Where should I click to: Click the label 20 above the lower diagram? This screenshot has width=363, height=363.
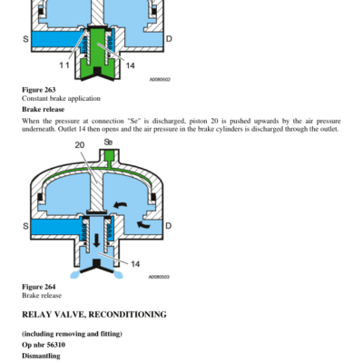tap(80, 145)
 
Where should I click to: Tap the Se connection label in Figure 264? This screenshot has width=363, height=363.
tap(108, 142)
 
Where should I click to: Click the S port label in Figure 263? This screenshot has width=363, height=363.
tap(25, 39)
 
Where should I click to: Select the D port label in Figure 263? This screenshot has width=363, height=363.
tap(169, 39)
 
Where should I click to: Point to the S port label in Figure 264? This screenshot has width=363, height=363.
tap(25, 226)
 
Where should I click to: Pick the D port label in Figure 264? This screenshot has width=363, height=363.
tap(168, 226)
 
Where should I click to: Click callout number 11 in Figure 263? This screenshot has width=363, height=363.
tap(64, 65)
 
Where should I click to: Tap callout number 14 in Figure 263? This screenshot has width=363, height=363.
tap(130, 65)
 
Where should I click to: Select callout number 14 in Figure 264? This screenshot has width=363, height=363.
tap(135, 264)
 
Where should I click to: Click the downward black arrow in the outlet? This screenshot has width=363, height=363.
tap(97, 240)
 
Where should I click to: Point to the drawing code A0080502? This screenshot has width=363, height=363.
tap(160, 80)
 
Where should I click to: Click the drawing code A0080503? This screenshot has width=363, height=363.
tap(159, 277)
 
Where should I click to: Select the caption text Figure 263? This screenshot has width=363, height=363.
tap(39, 90)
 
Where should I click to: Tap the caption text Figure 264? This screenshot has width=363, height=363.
tap(39, 287)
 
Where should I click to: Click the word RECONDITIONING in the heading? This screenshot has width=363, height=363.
tap(127, 315)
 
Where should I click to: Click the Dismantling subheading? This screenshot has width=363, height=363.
tap(41, 356)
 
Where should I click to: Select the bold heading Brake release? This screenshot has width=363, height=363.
tap(44, 109)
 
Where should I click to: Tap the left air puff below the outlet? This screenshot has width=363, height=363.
tap(75, 274)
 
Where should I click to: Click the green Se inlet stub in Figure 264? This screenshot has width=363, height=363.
tap(109, 155)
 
